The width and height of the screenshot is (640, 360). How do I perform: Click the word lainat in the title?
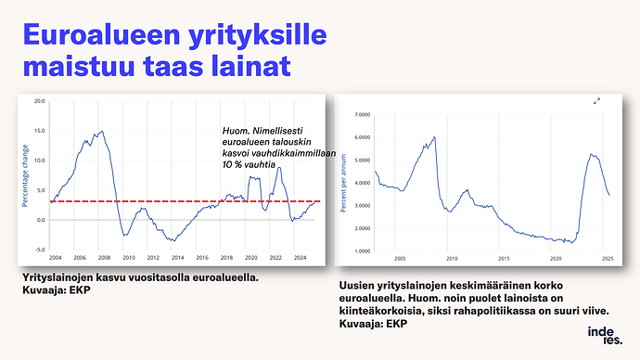pos(244,68)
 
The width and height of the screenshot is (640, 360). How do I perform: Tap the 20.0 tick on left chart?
pos(40,100)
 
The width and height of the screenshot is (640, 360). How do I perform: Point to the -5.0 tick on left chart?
pos(40,250)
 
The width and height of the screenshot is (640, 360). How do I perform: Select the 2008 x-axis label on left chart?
pos(104,257)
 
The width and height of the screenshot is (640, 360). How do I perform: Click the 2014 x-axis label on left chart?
pos(178,257)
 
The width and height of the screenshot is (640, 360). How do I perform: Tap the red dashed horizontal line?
pos(186,201)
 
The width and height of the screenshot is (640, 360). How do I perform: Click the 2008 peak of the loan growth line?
pos(101,132)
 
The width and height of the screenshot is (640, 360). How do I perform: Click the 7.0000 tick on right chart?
pos(358,115)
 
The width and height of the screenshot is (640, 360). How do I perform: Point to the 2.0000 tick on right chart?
pos(358,227)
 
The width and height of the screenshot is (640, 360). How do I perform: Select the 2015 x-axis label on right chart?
pos(504,257)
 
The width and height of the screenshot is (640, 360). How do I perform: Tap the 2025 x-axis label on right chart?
pos(607,257)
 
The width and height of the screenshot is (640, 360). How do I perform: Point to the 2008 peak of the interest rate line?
pos(434,137)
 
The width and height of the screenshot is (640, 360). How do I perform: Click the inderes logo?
pos(601,335)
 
